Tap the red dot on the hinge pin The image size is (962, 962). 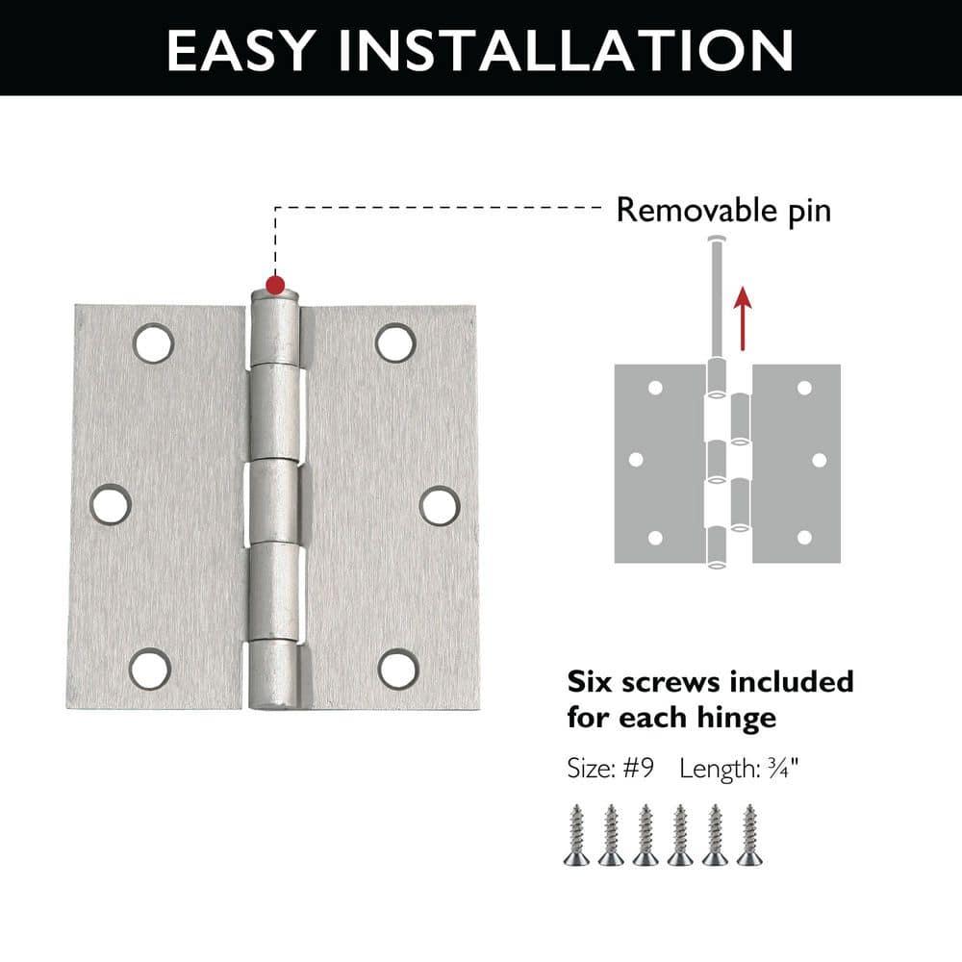click(275, 285)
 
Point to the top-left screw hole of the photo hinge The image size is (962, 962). click(153, 342)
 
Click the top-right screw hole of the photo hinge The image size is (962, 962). click(395, 342)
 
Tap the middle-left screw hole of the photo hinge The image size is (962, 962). click(112, 504)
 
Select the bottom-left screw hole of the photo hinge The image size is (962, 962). click(150, 669)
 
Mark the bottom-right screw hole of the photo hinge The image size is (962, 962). click(398, 669)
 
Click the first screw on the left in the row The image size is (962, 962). click(576, 834)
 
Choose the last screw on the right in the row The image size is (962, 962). click(748, 834)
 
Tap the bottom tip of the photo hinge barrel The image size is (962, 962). click(275, 708)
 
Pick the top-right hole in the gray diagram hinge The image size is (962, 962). click(803, 388)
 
